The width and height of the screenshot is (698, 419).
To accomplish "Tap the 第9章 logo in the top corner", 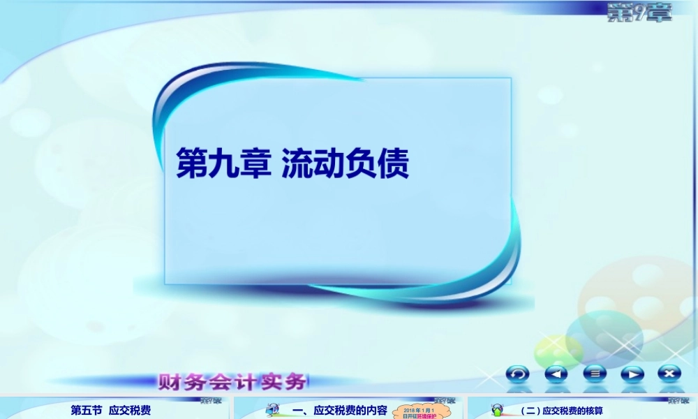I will coord(639,13).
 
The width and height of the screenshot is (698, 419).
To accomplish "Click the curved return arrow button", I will coord(517,374).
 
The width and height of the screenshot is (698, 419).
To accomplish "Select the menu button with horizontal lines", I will coord(595,374).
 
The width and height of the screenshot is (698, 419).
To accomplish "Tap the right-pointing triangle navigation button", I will coord(632,374).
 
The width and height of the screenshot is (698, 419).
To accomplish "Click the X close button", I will coord(670,374).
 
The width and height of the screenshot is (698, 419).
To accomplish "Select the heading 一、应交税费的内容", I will coord(340,411).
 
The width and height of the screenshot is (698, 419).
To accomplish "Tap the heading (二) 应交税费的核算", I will coord(565,411).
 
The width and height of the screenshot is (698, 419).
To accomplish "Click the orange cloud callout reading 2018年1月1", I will coord(419,412).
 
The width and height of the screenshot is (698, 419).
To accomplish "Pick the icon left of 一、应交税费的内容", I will coord(272,410).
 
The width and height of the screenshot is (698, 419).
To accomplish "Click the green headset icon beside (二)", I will coord(497,410).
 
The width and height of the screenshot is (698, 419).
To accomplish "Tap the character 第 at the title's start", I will coord(191,163).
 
